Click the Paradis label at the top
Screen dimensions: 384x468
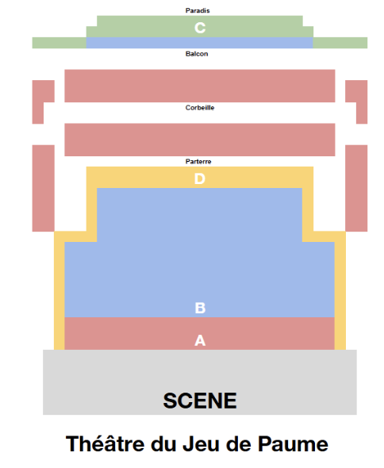coord(198,10)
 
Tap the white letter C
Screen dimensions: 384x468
coord(200,28)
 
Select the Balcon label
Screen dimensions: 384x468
coord(197,54)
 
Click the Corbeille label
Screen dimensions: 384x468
coord(200,107)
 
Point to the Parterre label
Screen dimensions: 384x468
coord(198,162)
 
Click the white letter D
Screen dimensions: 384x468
coord(200,178)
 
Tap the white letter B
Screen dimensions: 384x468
coord(200,308)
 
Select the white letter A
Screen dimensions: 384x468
coord(200,340)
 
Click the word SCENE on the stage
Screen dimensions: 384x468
coord(200,401)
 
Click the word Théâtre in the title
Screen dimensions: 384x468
coord(105,443)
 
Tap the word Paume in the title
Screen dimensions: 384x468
coord(293,444)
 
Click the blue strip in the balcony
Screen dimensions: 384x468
coord(199,43)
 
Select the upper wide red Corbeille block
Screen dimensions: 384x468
coord(200,86)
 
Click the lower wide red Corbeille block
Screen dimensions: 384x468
coord(200,140)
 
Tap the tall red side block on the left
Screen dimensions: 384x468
coord(44,188)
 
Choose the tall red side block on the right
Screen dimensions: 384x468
coord(356,188)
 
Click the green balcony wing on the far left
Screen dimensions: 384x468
coord(60,43)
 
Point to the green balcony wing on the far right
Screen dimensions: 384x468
coord(340,43)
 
